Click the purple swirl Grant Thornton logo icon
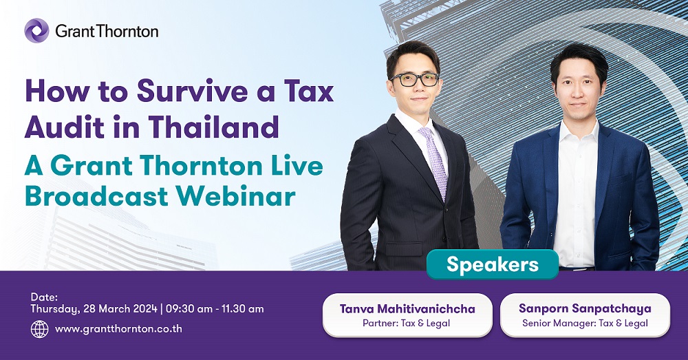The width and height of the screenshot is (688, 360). [37, 31]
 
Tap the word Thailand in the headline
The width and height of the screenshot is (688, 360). [213, 127]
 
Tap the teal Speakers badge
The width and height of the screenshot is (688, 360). [493, 264]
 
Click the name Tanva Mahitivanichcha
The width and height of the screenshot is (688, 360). [407, 308]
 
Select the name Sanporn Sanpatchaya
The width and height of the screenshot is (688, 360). [585, 308]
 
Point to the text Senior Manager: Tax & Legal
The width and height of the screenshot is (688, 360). [585, 324]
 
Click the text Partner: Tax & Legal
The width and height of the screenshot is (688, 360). [407, 324]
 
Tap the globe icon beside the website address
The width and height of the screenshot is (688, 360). [39, 329]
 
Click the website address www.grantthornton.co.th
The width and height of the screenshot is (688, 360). [118, 329]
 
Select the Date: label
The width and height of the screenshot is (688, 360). [44, 297]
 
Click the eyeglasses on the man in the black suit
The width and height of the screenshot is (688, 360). [415, 79]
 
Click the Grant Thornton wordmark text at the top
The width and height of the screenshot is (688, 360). [107, 31]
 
